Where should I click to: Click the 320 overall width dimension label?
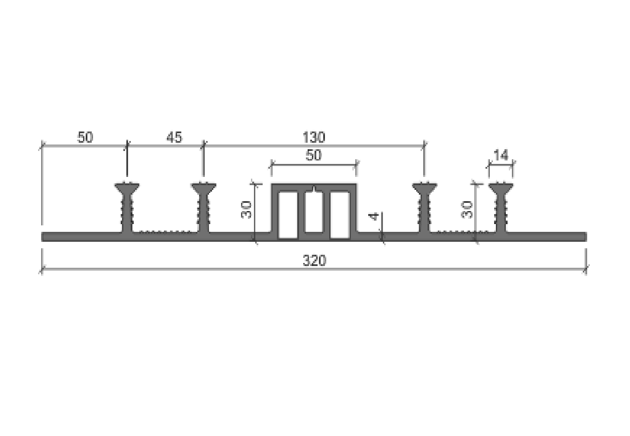tap(314, 260)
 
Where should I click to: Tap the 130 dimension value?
tap(314, 138)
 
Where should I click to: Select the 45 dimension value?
tap(174, 138)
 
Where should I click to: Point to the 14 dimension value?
tap(501, 155)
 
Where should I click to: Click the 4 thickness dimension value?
tap(374, 216)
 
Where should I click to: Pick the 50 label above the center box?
tap(313, 155)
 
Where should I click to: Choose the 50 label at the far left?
tap(85, 138)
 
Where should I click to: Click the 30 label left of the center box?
tap(246, 210)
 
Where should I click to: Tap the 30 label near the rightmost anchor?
tap(466, 210)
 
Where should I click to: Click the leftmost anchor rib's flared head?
tap(127, 188)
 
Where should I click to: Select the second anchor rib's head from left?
tap(203, 188)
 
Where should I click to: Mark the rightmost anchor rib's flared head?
tap(501, 188)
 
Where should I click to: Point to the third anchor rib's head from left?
tap(424, 188)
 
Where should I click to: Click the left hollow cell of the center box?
tap(288, 215)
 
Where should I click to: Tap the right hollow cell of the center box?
tap(340, 215)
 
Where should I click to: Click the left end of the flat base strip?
tap(42, 237)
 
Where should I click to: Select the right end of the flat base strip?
tap(586, 237)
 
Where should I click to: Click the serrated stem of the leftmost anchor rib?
tap(127, 212)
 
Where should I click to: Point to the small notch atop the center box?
tap(314, 189)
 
